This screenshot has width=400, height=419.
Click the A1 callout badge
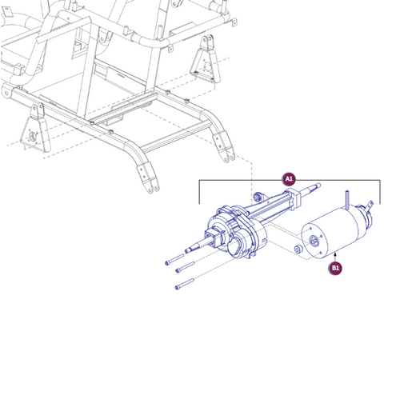[x=289, y=179]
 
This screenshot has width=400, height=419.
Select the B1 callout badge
[x=335, y=268]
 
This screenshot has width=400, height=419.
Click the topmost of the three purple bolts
[x=178, y=257]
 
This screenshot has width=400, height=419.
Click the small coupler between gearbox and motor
[x=298, y=250]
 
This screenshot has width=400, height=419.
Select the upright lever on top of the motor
[x=348, y=199]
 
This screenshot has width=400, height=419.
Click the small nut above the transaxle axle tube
[x=258, y=196]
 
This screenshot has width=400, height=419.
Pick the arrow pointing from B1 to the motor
[x=335, y=256]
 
